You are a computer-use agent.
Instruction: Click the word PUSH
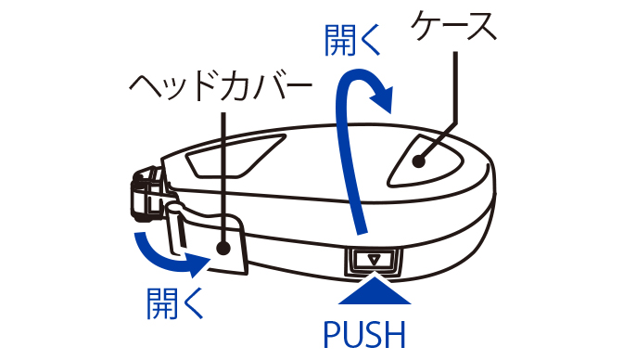coord(364,334)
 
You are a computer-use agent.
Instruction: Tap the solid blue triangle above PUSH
coord(375,291)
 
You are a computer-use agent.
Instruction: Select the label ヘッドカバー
coord(221,86)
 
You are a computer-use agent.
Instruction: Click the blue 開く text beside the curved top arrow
coord(353,40)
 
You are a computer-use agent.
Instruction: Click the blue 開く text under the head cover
coord(175,303)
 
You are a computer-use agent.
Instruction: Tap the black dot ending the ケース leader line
coord(419,161)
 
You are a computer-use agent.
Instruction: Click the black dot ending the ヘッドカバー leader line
coord(223,248)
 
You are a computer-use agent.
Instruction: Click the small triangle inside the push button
coord(374,259)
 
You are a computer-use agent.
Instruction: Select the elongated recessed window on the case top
coord(236,156)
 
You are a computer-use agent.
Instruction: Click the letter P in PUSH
coord(333,335)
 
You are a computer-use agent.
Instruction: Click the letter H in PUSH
coord(396,335)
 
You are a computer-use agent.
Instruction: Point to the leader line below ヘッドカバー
coord(223,177)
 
